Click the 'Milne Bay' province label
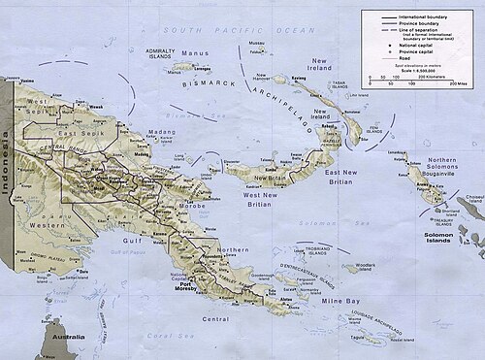tap(340, 302)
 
